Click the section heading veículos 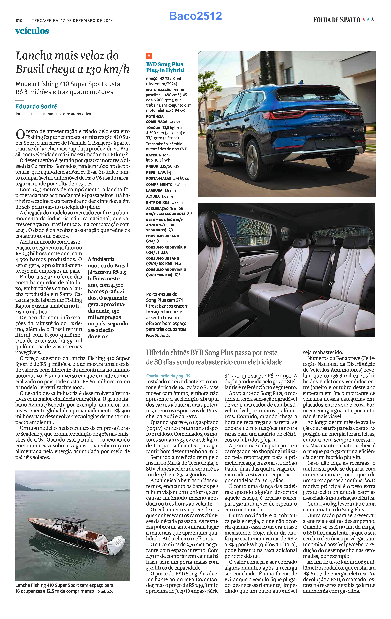32,31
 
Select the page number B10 19,21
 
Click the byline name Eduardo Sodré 36,106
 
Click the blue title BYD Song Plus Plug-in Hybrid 165,67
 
